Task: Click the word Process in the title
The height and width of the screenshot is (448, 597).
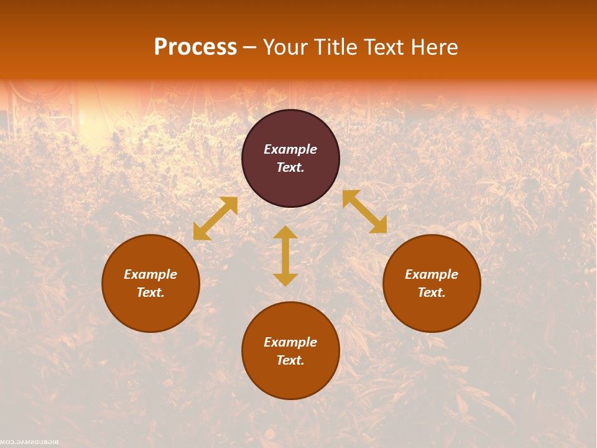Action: click(195, 47)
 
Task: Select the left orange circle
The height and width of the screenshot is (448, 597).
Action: click(150, 311)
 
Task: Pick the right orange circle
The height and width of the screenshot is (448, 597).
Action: click(432, 311)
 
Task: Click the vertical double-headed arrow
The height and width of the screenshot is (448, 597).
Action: click(285, 256)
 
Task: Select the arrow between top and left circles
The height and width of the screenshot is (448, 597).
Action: click(215, 218)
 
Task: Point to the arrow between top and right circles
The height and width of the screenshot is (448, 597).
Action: click(364, 212)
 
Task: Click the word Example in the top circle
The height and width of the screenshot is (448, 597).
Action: click(290, 149)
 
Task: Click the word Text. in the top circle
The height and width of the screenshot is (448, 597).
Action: click(290, 167)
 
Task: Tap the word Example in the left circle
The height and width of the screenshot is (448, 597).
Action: click(150, 274)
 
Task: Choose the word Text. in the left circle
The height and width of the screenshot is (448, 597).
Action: click(150, 292)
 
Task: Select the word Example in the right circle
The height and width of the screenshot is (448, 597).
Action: click(432, 274)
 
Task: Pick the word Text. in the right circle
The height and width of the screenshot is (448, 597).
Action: click(432, 292)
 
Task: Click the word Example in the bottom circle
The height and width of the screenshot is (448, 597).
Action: click(290, 342)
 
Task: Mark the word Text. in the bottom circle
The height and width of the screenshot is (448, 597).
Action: click(290, 360)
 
